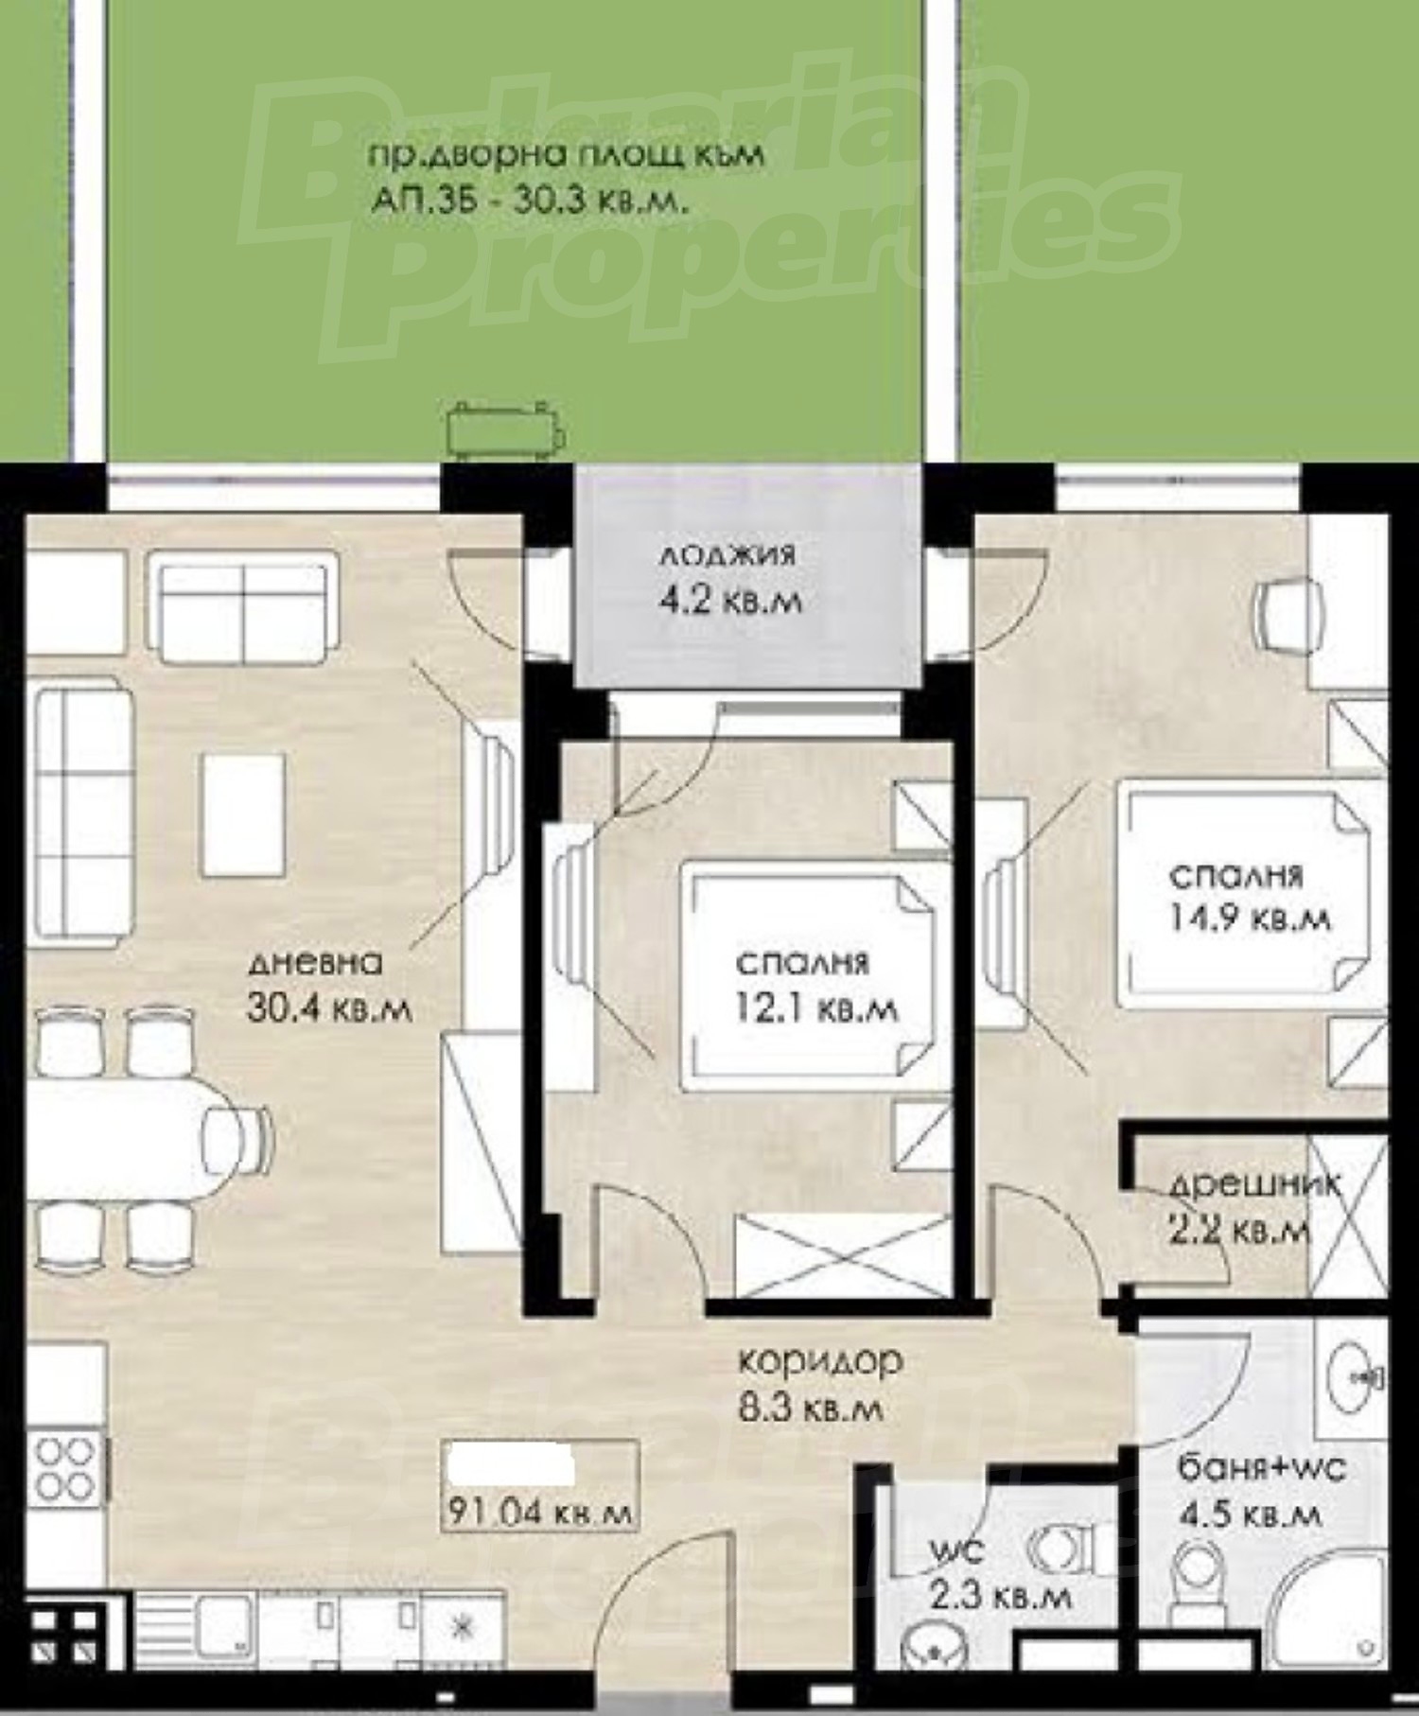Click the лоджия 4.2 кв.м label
pyautogui.click(x=729, y=577)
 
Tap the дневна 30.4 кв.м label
pyautogui.click(x=329, y=987)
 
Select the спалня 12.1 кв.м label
pyautogui.click(x=816, y=987)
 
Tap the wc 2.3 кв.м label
pyautogui.click(x=1000, y=1576)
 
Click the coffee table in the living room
pyautogui.click(x=243, y=814)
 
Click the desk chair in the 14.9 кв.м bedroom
pyautogui.click(x=1288, y=615)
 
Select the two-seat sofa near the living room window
pyautogui.click(x=243, y=607)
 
